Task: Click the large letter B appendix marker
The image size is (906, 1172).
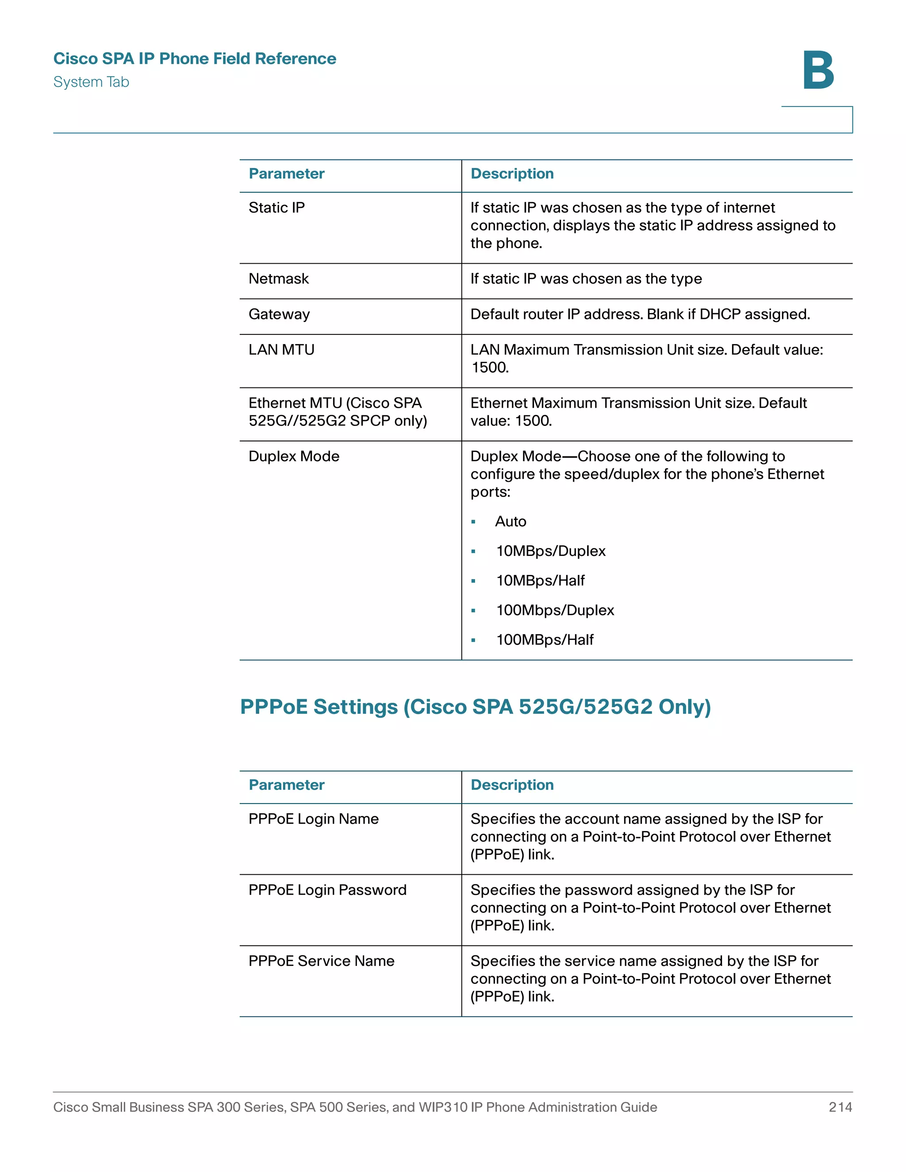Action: click(x=818, y=71)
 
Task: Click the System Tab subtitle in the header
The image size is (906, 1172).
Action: click(x=91, y=82)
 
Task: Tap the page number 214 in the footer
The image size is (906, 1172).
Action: click(x=840, y=1107)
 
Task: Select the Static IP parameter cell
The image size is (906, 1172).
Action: click(x=276, y=208)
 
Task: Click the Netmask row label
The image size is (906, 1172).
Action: click(x=279, y=279)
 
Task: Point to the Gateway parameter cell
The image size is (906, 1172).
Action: click(x=279, y=314)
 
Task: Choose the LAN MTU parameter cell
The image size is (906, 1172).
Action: click(x=281, y=350)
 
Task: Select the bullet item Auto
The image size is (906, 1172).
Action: click(x=511, y=521)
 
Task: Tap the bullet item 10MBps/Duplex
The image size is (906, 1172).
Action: click(x=551, y=551)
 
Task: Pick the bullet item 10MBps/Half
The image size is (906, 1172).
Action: click(x=541, y=581)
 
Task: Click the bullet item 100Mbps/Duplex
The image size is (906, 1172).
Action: click(x=555, y=610)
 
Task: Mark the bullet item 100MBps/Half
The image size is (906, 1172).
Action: click(x=545, y=640)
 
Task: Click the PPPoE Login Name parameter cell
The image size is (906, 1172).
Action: click(x=314, y=819)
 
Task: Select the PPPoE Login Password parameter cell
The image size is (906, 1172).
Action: click(x=327, y=890)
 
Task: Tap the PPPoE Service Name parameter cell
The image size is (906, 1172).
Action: click(x=321, y=961)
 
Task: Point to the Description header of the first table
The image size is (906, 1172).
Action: click(x=511, y=174)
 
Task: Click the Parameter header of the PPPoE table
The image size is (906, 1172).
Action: click(x=287, y=785)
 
